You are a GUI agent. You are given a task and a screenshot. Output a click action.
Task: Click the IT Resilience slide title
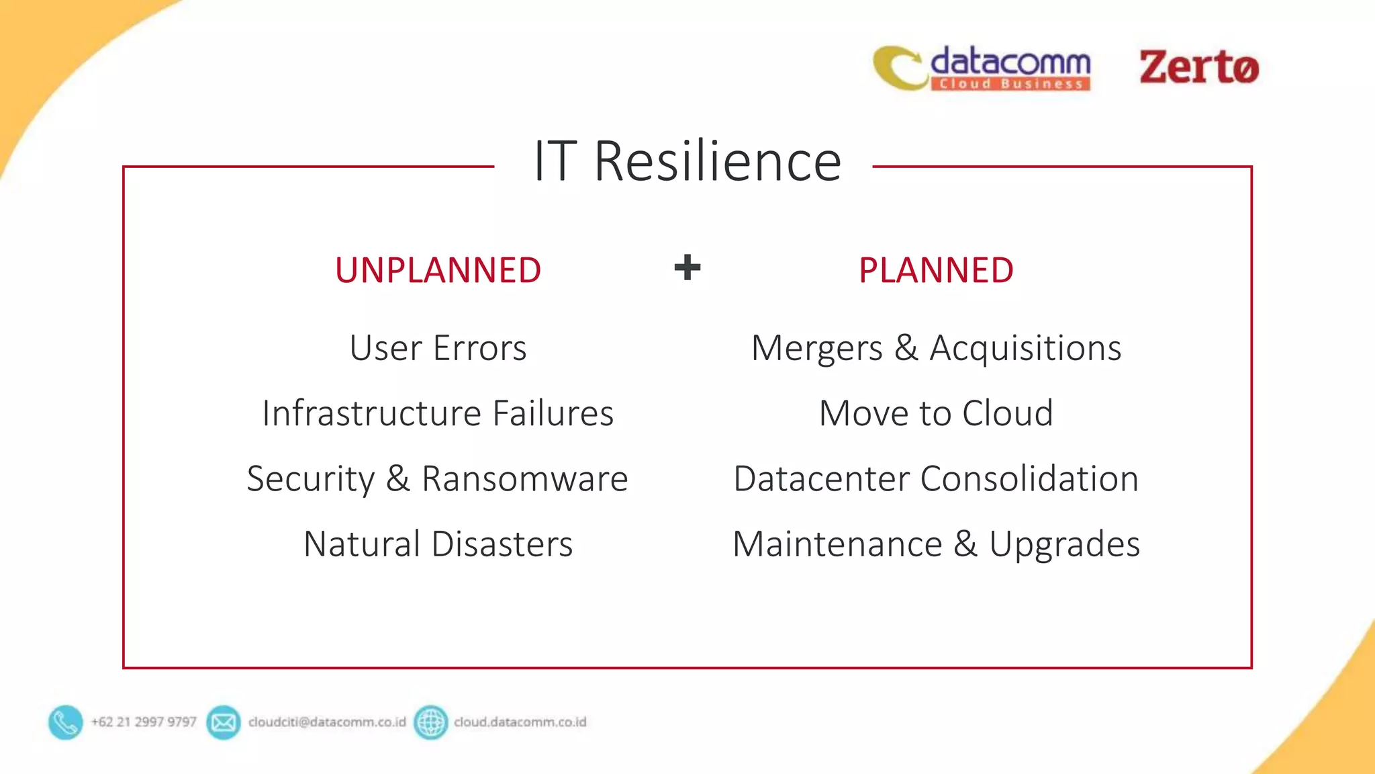687,161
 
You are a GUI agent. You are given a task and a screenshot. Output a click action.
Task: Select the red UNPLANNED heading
438,270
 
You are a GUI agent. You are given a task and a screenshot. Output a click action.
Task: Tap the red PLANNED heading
936,270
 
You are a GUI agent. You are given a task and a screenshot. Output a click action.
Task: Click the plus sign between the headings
687,267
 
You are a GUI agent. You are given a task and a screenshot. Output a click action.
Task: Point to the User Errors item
438,348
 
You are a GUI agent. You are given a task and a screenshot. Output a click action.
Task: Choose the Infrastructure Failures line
438,413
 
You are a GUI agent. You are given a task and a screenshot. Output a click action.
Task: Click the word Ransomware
524,478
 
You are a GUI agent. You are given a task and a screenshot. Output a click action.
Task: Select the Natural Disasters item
438,544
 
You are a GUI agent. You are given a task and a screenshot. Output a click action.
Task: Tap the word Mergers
816,348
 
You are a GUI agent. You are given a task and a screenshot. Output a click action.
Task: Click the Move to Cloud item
936,413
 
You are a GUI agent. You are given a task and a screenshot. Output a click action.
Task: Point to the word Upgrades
1064,544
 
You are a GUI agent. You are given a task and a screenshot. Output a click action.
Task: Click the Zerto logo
1199,67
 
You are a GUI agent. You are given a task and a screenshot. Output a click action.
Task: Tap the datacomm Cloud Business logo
982,68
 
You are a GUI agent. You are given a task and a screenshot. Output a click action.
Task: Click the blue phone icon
66,722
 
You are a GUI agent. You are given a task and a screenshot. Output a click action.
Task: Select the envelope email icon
224,722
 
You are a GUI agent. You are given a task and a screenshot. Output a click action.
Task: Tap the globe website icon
430,722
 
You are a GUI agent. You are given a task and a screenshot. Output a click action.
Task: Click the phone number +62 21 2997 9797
144,722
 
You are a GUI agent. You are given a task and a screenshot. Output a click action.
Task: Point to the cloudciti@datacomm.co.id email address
327,722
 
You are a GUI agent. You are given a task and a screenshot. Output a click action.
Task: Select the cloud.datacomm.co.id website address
520,722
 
